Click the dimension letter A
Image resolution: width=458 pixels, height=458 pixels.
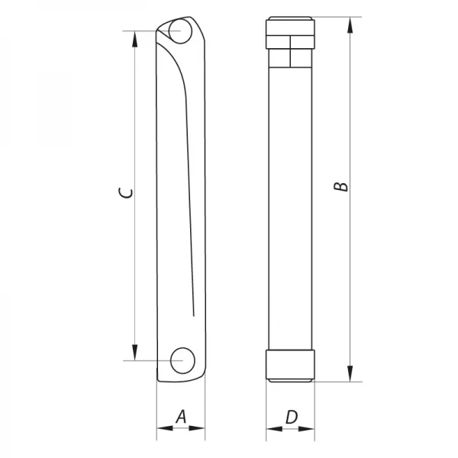point(181,417)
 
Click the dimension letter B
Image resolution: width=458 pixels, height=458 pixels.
point(343,185)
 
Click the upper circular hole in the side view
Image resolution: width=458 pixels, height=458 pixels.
point(181,33)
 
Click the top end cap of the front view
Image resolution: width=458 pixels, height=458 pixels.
point(291,23)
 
